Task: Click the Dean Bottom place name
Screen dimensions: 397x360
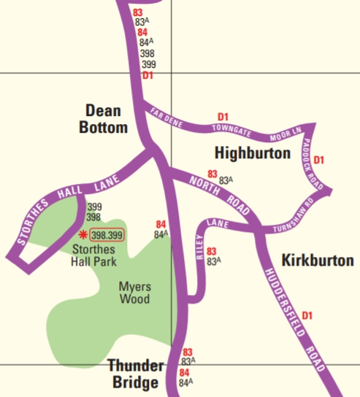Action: coord(106,119)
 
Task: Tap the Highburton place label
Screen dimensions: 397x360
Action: coord(253,153)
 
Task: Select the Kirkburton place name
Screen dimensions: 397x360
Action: coord(317,261)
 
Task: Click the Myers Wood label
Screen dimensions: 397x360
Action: coord(134,293)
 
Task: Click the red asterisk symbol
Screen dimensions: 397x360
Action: coord(83,234)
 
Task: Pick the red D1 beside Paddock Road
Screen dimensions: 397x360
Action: coord(318,160)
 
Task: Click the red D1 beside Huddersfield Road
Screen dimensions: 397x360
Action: coord(307,315)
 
